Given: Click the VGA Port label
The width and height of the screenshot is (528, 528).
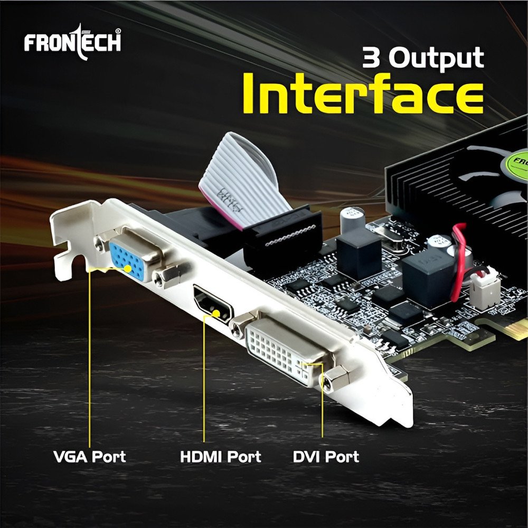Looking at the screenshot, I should point(90,456).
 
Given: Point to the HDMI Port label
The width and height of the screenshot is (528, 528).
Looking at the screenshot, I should point(220,456).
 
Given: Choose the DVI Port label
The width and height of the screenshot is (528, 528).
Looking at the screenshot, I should point(326,456).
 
